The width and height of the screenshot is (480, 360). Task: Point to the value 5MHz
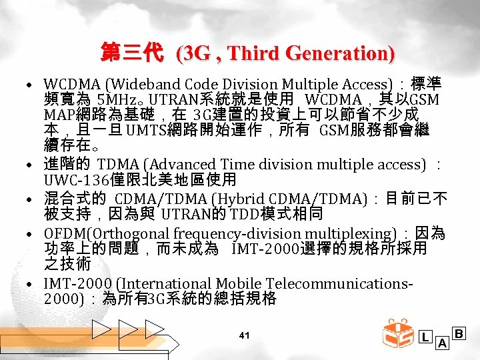(x=117, y=99)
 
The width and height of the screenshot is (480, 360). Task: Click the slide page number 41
(x=244, y=335)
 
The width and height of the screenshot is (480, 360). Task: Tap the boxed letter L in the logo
(x=425, y=337)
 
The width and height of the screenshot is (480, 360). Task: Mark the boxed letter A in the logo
(x=442, y=343)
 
